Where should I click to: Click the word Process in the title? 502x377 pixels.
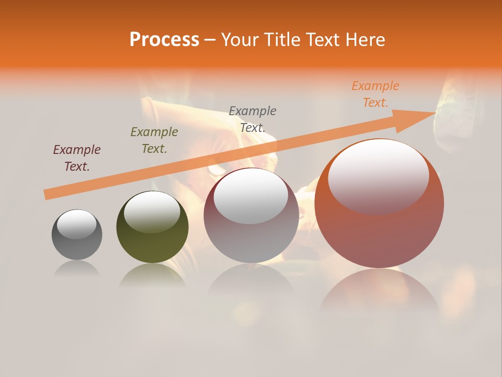pyautogui.click(x=164, y=40)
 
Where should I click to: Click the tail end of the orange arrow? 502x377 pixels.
pyautogui.click(x=46, y=195)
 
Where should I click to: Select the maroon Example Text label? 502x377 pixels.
pyautogui.click(x=77, y=158)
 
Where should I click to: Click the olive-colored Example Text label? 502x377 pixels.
pyautogui.click(x=154, y=140)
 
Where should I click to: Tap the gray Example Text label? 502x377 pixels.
pyautogui.click(x=253, y=119)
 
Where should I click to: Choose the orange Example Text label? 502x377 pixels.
pyautogui.click(x=375, y=94)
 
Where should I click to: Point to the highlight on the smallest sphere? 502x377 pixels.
pyautogui.click(x=77, y=225)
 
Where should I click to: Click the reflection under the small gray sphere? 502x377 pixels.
pyautogui.click(x=77, y=269)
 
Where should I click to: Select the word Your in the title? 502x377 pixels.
pyautogui.click(x=240, y=40)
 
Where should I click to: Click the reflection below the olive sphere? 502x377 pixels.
pyautogui.click(x=152, y=275)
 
